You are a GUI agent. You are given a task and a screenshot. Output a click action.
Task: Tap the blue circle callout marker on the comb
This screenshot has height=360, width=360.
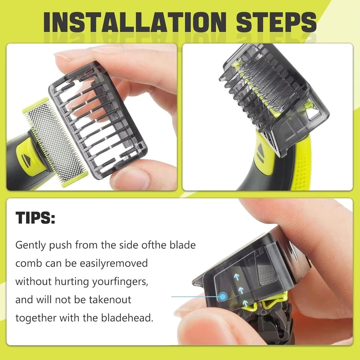coord(222,297)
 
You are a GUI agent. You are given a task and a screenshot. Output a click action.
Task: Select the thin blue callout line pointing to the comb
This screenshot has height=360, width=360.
coord(193,297)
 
